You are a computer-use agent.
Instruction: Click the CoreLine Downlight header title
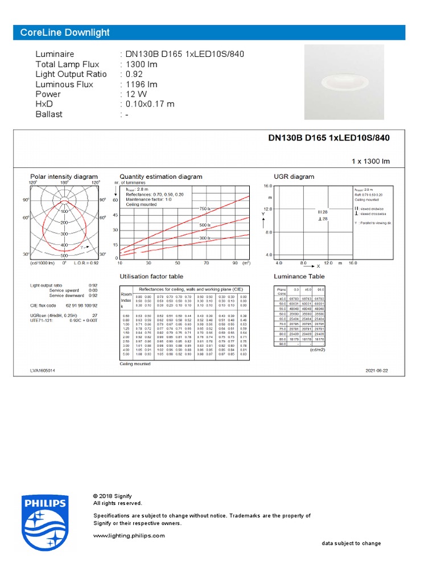(x=65, y=32)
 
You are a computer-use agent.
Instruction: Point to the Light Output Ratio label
(x=71, y=74)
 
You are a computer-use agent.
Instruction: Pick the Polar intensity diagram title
(x=64, y=176)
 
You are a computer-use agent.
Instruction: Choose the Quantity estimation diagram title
(x=160, y=176)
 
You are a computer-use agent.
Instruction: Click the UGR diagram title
(x=294, y=176)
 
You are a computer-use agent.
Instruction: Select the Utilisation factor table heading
(x=151, y=277)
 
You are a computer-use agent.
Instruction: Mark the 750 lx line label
(x=204, y=210)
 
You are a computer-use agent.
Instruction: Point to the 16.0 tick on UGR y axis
(x=267, y=186)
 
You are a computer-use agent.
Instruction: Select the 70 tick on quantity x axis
(x=206, y=263)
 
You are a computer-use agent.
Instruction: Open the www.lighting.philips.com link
(x=129, y=536)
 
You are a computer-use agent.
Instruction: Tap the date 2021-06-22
(x=377, y=371)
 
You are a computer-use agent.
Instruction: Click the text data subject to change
(x=351, y=543)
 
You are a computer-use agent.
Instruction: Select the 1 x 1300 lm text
(x=370, y=162)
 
